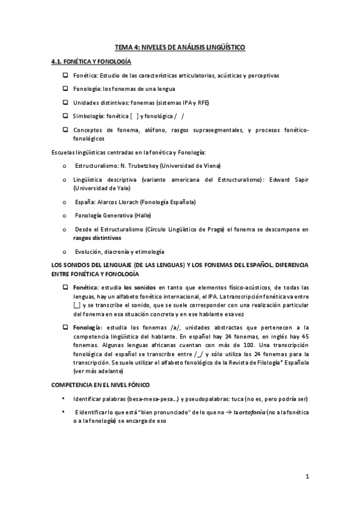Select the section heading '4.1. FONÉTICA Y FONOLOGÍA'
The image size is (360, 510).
(x=92, y=62)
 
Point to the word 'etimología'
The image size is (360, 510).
(x=148, y=251)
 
